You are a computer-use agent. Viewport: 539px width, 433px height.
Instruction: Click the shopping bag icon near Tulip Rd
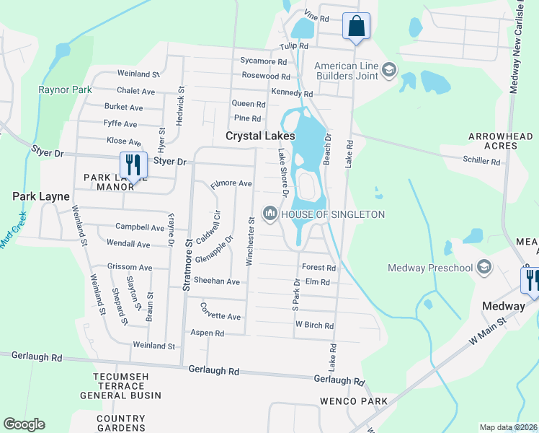pos(355,27)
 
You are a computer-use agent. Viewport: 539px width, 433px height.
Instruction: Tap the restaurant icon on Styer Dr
pos(133,163)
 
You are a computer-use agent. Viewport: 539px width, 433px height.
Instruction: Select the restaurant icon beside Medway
pos(531,278)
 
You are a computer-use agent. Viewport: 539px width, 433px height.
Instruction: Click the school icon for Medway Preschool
pos(484,268)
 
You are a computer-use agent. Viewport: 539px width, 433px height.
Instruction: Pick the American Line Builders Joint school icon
pos(390,69)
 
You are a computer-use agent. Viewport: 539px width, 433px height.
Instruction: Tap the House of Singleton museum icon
pos(270,214)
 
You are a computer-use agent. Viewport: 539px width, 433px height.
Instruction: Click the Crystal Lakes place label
pos(260,136)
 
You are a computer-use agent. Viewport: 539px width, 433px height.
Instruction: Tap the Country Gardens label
pos(121,424)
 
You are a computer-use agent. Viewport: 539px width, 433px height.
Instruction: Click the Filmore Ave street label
pos(231,185)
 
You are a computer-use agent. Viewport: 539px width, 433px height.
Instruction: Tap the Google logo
pos(24,424)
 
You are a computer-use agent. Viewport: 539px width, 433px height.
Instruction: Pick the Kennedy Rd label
pos(292,93)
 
